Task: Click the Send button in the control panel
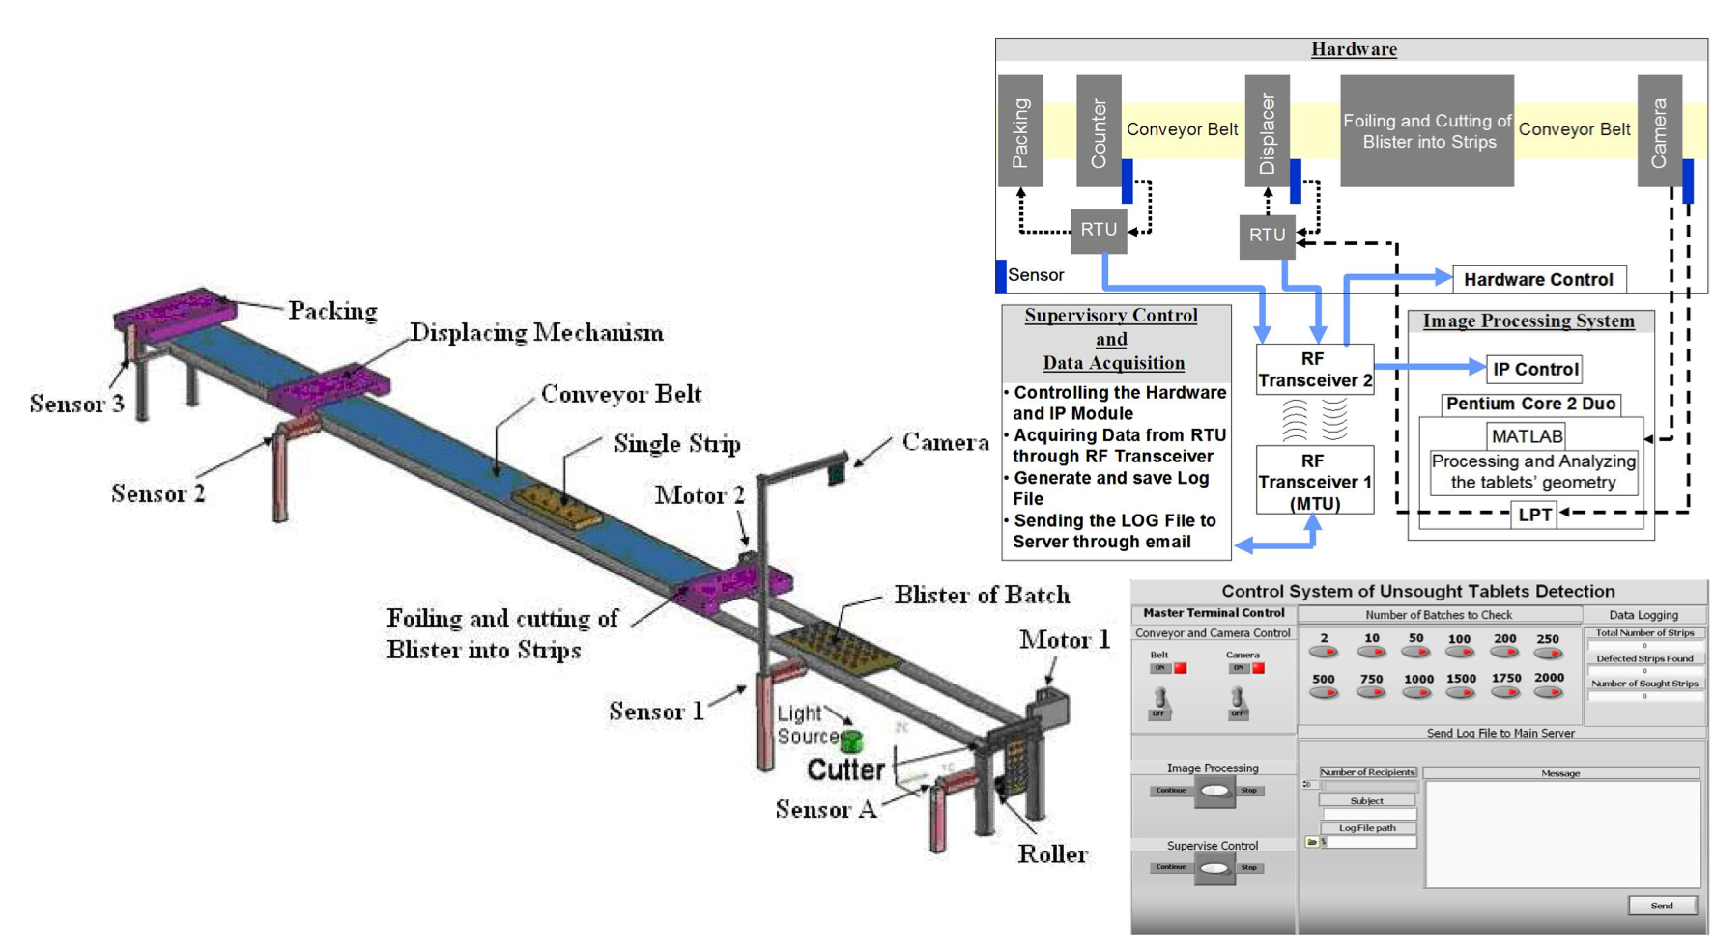pos(1661,905)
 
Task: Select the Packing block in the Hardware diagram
pos(1019,131)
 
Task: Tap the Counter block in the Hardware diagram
pos(1099,131)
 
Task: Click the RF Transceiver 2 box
pos(1314,370)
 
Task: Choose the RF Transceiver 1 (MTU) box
pos(1314,481)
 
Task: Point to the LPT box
pos(1534,515)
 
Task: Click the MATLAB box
pos(1527,436)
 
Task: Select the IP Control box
pos(1534,369)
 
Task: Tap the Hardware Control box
pos(1538,280)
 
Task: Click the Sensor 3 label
pos(76,404)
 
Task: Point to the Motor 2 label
pos(700,495)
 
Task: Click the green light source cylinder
pos(851,741)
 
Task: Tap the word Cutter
pos(845,769)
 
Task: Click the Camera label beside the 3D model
pos(945,442)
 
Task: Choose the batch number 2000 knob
pos(1549,691)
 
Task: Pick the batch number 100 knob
pos(1459,652)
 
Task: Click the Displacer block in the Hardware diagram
pos(1267,131)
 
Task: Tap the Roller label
pos(1052,853)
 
